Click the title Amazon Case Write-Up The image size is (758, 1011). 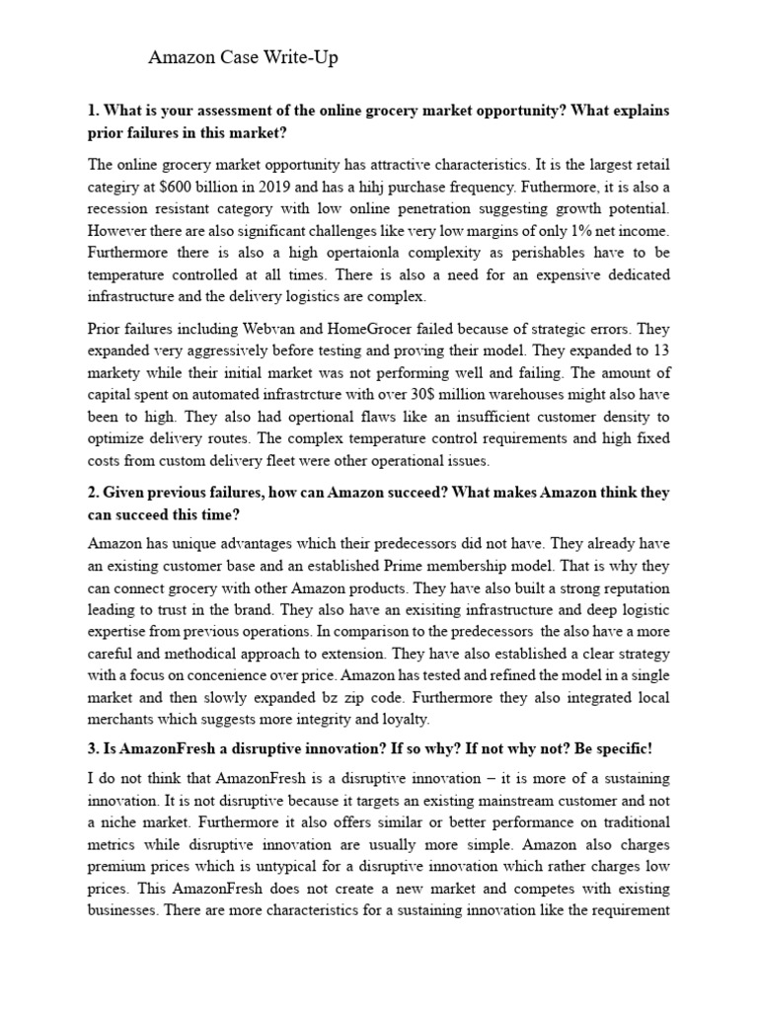(243, 58)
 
